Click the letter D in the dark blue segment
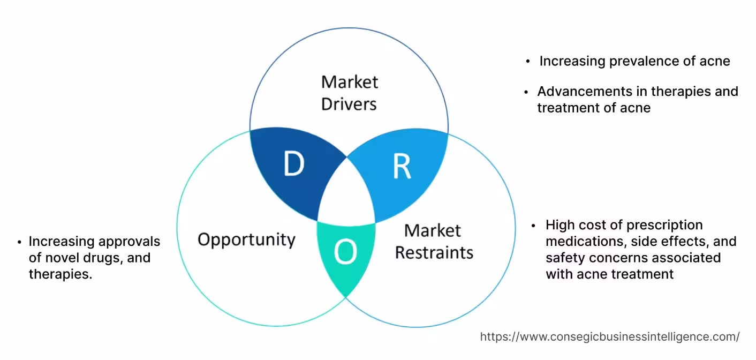(x=293, y=164)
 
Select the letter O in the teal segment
(x=345, y=252)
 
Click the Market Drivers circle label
(x=349, y=93)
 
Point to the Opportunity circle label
(x=246, y=239)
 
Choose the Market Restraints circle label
(x=434, y=241)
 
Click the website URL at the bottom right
(x=610, y=336)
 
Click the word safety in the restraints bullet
(x=564, y=258)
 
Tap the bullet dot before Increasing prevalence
(x=528, y=62)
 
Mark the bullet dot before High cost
(x=534, y=226)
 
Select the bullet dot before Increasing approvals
(x=19, y=242)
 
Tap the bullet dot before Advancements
(x=526, y=92)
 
